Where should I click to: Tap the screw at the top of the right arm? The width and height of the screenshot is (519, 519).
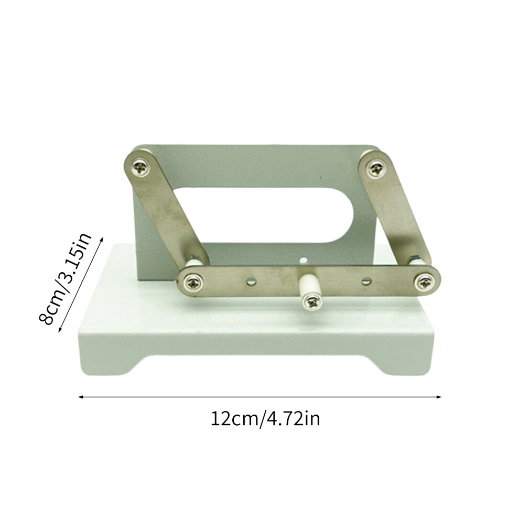(376, 168)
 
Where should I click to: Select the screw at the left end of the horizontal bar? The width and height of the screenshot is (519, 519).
(192, 282)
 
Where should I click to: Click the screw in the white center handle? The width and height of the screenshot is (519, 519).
(311, 302)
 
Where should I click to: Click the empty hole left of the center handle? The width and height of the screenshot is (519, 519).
(251, 282)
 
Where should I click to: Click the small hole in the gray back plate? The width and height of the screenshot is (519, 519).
(302, 260)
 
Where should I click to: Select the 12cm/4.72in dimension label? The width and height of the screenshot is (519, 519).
(265, 419)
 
